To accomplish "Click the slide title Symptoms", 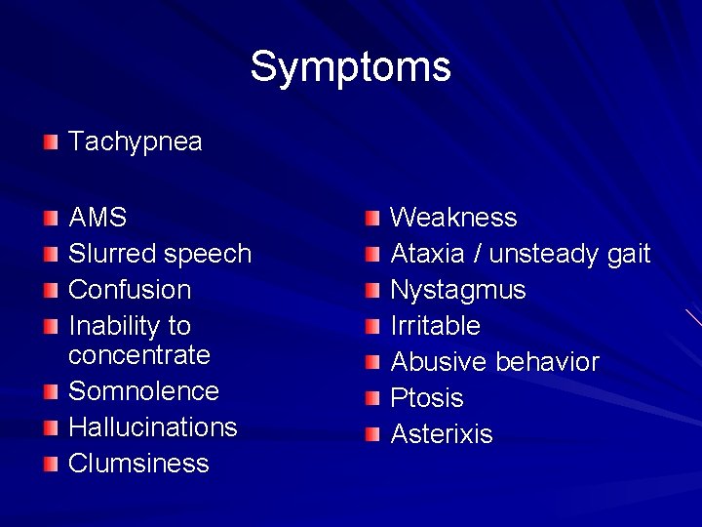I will pos(350,67).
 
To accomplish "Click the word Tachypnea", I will pos(135,142).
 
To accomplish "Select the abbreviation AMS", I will pos(97,218).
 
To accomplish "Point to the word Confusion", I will pos(129,290).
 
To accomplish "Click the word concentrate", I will pos(138,355).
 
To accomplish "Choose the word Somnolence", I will pos(143,391).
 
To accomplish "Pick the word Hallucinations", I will pos(152,427).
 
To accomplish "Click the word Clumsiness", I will pos(138,464).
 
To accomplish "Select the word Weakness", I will pos(453,218).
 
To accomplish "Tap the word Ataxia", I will pos(427,254).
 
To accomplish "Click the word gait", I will pos(627,255).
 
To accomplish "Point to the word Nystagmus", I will pos(457,291).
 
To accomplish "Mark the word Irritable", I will pos(435,326).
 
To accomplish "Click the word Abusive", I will pos(439,362).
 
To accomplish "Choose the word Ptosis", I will pos(426,398).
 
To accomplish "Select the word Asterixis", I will pos(441,434).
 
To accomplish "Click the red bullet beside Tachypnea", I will pos(51,143).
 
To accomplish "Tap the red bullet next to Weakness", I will pos(372,219).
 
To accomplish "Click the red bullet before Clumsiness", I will pos(51,464).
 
